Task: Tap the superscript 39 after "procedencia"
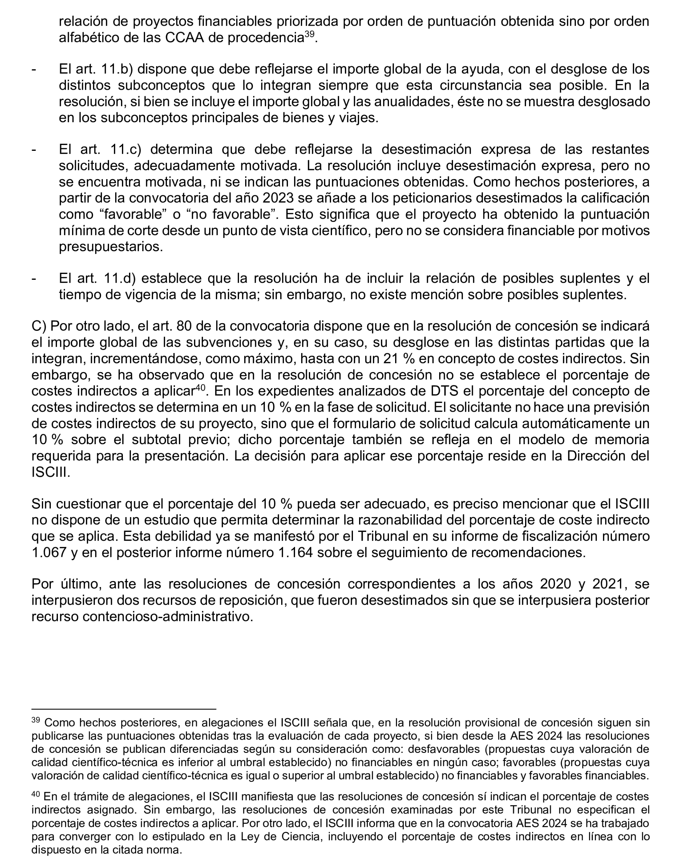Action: [x=309, y=34]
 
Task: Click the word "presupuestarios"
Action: [x=111, y=247]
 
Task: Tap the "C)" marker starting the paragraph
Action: [x=39, y=326]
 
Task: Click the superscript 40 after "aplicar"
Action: [x=200, y=388]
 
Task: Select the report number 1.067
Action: [x=49, y=553]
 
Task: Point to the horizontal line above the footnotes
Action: [x=124, y=709]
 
